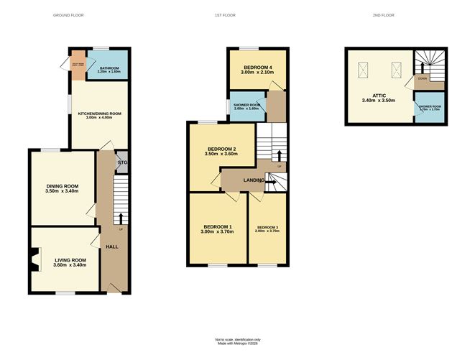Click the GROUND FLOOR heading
[68, 15]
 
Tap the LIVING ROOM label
[69, 262]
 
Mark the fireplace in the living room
[34, 260]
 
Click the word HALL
[112, 246]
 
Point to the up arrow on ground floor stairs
[121, 218]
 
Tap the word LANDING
[253, 180]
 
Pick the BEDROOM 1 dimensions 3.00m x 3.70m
[217, 231]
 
